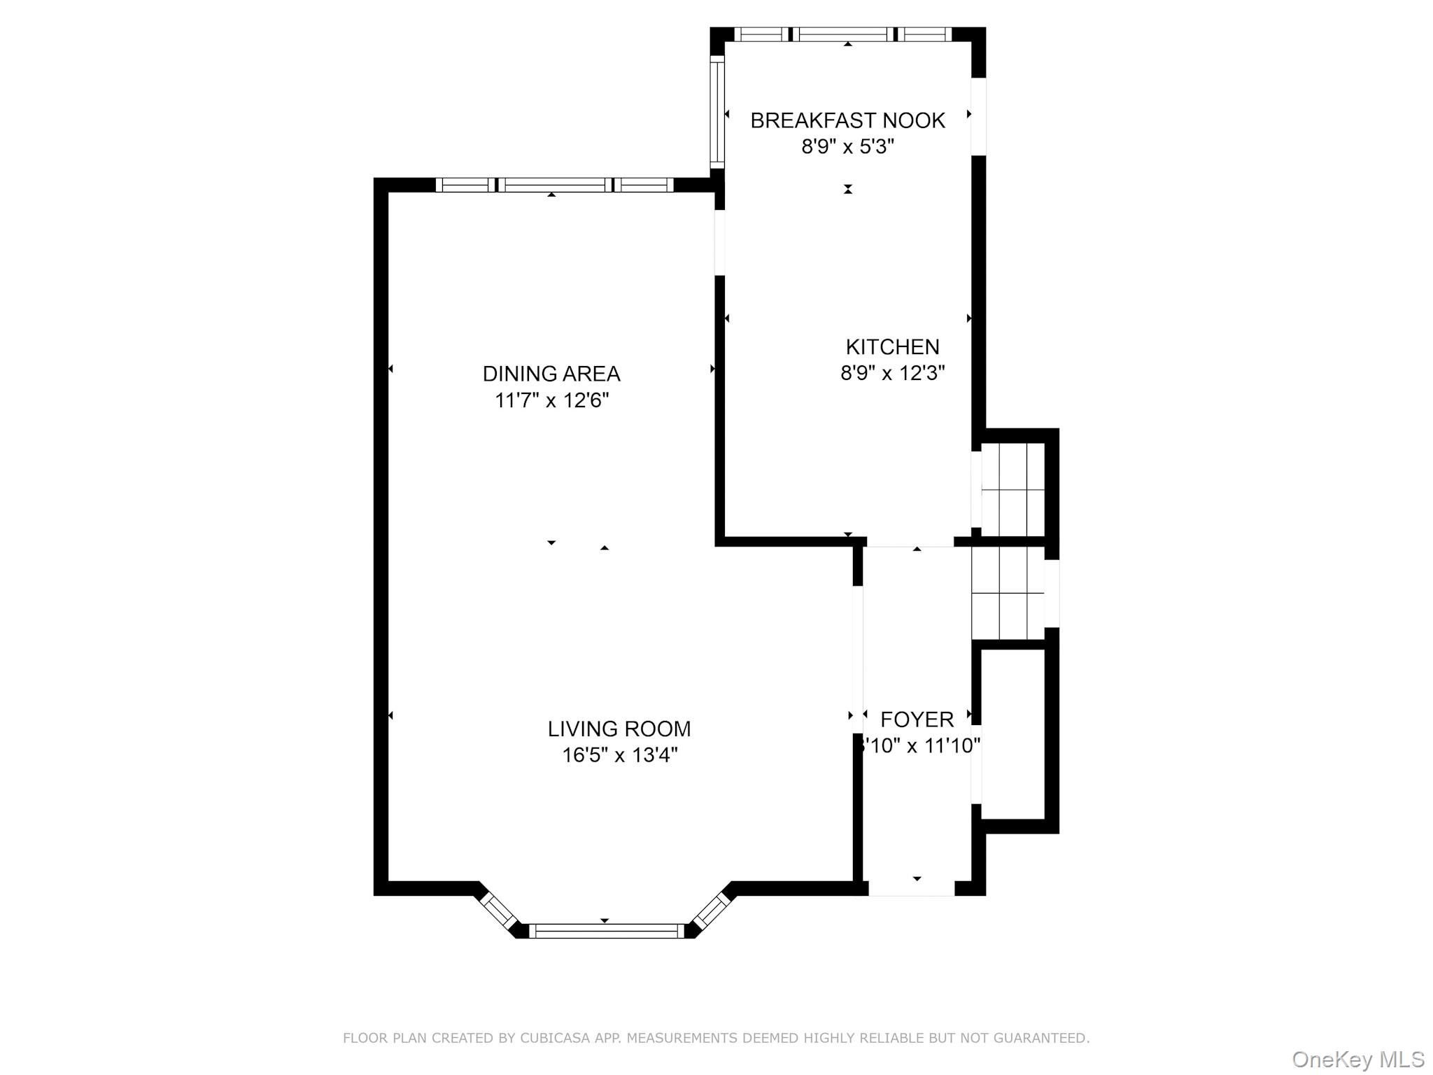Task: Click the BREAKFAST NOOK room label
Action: pyautogui.click(x=847, y=120)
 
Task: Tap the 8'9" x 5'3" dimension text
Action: pyautogui.click(x=847, y=147)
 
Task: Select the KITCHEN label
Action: pyautogui.click(x=892, y=346)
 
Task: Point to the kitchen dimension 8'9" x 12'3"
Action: pyautogui.click(x=892, y=373)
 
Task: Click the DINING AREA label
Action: pyautogui.click(x=551, y=374)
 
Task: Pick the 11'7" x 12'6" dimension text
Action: pyautogui.click(x=551, y=400)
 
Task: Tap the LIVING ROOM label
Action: pyautogui.click(x=619, y=729)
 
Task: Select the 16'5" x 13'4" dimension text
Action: pyautogui.click(x=619, y=755)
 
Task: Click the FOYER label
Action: pyautogui.click(x=917, y=719)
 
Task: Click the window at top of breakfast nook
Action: pyautogui.click(x=843, y=34)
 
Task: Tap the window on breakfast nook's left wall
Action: pyautogui.click(x=716, y=112)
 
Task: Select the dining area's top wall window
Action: pyautogui.click(x=554, y=185)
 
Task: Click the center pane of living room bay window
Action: pyautogui.click(x=605, y=931)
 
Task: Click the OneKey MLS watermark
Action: pyautogui.click(x=1358, y=1059)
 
